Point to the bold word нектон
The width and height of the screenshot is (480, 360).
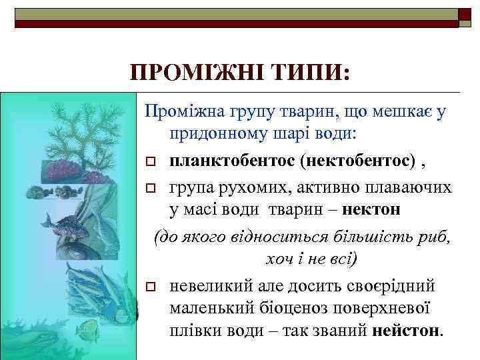pyautogui.click(x=373, y=209)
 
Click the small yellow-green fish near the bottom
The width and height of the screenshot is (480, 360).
pyautogui.click(x=86, y=329)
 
